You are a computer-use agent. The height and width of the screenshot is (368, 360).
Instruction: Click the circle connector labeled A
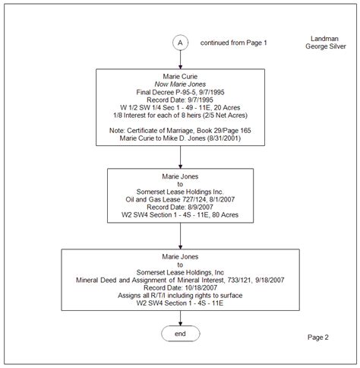tap(180, 43)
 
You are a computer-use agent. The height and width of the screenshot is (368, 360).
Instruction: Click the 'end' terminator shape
tap(180, 334)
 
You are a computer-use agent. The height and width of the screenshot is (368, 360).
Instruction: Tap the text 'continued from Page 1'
tap(234, 43)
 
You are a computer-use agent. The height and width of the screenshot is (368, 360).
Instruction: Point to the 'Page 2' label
tap(317, 337)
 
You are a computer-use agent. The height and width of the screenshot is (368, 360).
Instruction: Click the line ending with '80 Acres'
tap(180, 214)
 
